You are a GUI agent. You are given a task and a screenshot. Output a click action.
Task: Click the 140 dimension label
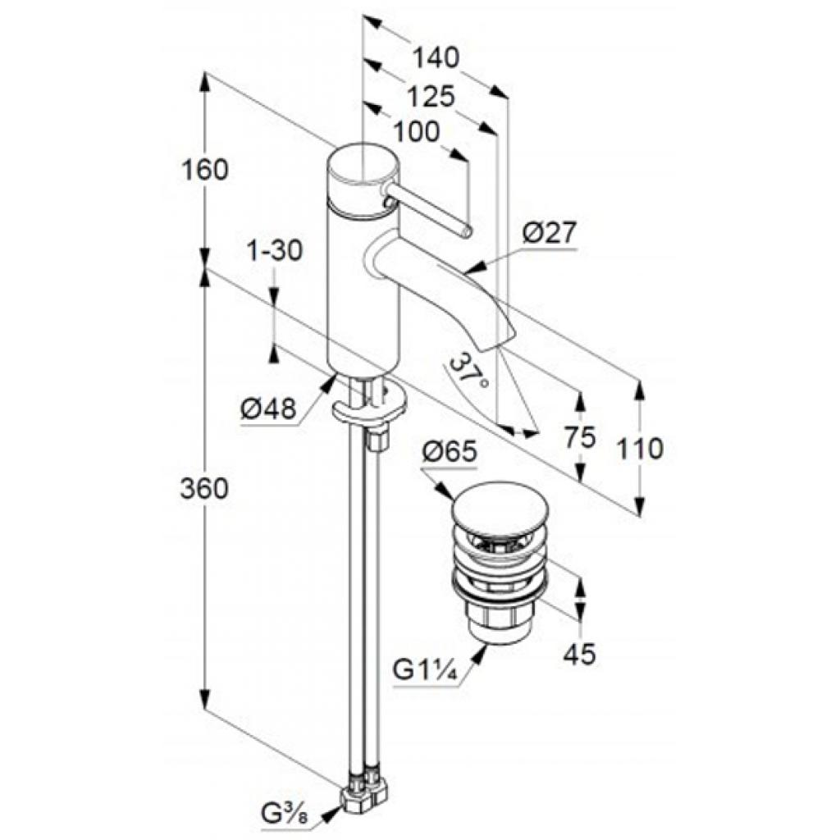click(x=436, y=57)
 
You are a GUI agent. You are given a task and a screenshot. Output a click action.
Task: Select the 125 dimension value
click(x=431, y=97)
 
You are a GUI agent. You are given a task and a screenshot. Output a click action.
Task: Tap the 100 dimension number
click(x=416, y=132)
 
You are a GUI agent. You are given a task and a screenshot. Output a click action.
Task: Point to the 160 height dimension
click(x=204, y=171)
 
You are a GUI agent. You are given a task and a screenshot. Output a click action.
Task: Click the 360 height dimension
click(x=204, y=489)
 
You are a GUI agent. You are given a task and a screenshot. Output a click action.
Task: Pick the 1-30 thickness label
click(x=275, y=250)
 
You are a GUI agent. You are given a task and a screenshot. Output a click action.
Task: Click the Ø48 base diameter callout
click(x=268, y=410)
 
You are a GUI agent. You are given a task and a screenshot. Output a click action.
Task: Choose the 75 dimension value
click(x=580, y=438)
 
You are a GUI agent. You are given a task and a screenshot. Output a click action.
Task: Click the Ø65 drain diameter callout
click(x=449, y=453)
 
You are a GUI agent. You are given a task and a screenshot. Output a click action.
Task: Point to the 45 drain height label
click(x=580, y=654)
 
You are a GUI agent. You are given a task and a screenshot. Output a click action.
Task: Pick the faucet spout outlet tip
click(x=495, y=343)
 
